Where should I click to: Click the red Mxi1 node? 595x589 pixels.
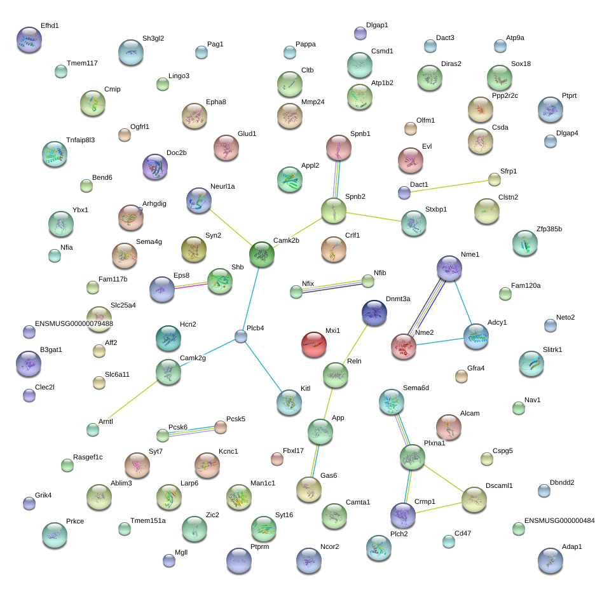click(x=314, y=344)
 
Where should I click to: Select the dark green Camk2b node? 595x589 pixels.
click(x=262, y=254)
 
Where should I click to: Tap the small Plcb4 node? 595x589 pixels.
click(x=240, y=336)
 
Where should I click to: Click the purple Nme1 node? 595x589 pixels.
click(x=449, y=268)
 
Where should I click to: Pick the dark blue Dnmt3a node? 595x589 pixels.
click(x=374, y=313)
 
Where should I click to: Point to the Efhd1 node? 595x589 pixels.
click(x=29, y=39)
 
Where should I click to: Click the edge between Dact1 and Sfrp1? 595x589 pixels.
click(x=449, y=186)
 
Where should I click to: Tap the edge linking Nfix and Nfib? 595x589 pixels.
click(x=332, y=287)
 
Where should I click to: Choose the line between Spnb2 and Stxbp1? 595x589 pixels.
click(x=374, y=217)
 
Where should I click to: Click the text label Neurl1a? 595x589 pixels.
click(x=222, y=186)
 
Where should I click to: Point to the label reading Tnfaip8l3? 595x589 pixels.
click(x=81, y=140)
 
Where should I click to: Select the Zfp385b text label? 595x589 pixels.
click(x=549, y=229)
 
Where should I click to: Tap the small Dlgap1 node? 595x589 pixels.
click(x=360, y=34)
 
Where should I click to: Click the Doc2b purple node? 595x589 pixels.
click(x=155, y=166)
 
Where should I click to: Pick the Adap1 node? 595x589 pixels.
click(x=551, y=560)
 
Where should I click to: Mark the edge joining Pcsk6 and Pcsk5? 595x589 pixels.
click(x=191, y=431)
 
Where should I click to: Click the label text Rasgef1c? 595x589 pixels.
click(x=88, y=457)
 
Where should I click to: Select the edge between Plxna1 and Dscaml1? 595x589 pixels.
click(x=444, y=478)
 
